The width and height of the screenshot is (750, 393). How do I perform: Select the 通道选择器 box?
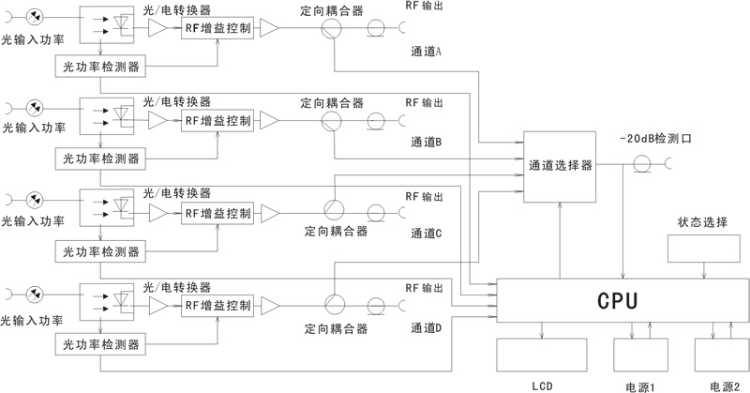tap(560, 165)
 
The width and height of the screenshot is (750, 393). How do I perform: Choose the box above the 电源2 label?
tap(721, 357)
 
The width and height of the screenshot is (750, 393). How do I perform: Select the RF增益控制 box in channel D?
tap(217, 306)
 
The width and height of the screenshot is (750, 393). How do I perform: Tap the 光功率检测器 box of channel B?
tap(99, 158)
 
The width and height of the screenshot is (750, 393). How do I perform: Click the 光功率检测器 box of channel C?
tap(99, 251)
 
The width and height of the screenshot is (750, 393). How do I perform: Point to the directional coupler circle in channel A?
tap(332, 30)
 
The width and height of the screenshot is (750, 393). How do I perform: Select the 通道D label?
tap(427, 327)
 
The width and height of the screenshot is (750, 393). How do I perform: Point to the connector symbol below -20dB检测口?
tap(642, 165)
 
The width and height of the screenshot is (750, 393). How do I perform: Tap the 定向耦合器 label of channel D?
tap(335, 328)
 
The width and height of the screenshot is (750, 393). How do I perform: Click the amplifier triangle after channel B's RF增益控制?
tap(269, 121)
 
